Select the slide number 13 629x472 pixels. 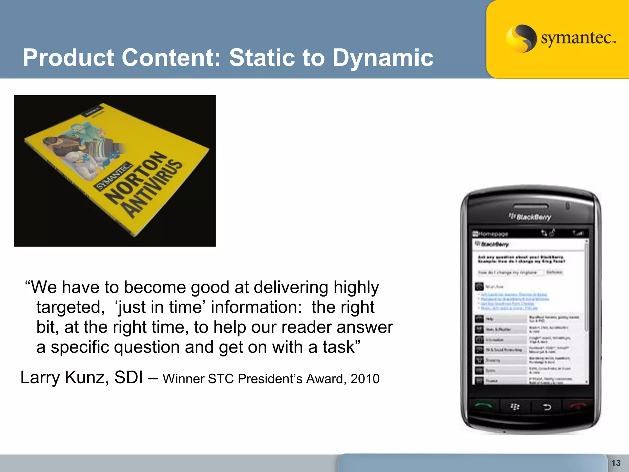615,463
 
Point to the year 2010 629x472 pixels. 365,379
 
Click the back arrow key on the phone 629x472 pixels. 547,407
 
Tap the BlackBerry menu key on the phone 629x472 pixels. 515,407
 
